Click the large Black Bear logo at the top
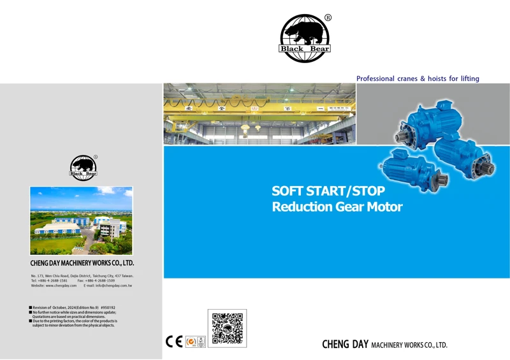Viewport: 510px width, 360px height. [305, 38]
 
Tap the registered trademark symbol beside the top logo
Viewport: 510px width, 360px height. [328, 18]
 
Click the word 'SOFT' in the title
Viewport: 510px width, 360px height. [288, 191]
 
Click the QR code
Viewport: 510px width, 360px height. [227, 328]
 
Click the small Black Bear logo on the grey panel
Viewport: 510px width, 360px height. [84, 168]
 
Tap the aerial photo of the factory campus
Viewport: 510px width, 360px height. [81, 220]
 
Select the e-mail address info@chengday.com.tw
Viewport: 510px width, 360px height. [113, 285]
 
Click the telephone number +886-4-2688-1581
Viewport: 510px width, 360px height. [53, 280]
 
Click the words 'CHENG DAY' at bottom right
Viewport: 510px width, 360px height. [344, 345]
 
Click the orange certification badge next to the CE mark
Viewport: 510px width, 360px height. [190, 342]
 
